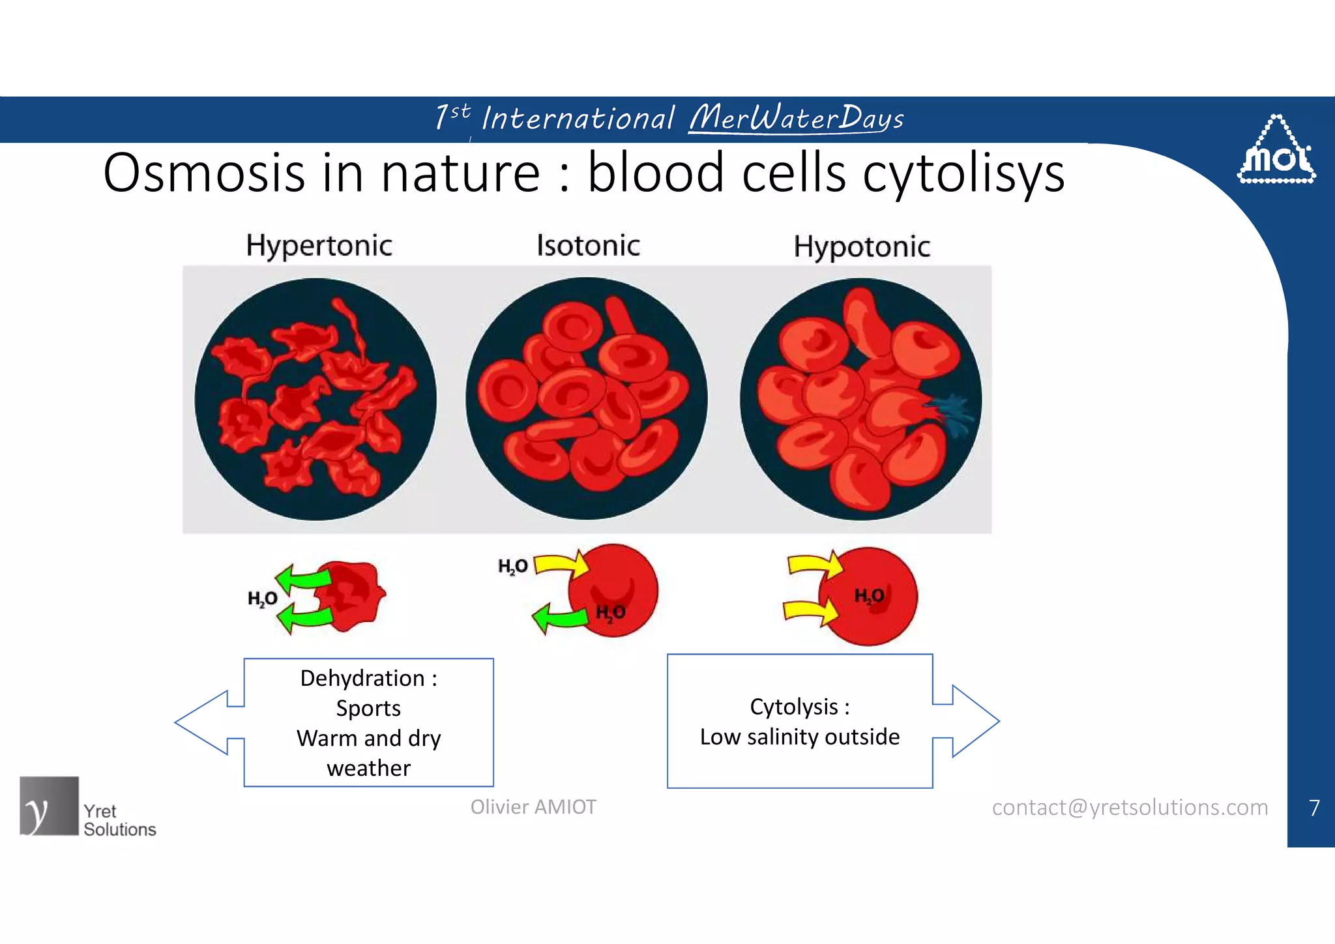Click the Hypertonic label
point(319,246)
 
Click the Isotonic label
point(588,246)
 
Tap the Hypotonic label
point(861,247)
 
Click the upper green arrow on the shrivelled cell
point(303,578)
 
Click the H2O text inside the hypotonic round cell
point(869,596)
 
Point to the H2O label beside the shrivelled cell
point(262,598)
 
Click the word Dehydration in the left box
point(362,679)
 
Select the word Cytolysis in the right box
point(793,707)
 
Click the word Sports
point(368,709)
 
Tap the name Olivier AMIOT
point(533,807)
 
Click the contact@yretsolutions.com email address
point(1130,808)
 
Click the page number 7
point(1314,808)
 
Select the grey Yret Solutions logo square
point(49,806)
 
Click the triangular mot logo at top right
point(1276,151)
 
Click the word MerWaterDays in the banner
point(796,119)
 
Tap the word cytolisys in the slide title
point(963,173)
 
